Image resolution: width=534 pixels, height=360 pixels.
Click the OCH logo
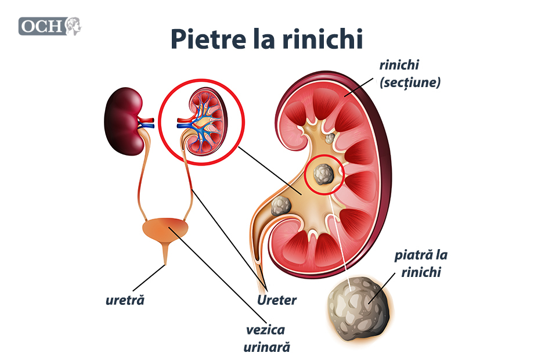tap(50, 26)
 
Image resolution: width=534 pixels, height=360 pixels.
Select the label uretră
tap(125, 301)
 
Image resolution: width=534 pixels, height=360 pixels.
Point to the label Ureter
tap(277, 300)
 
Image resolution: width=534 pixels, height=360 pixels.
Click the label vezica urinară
tap(266, 339)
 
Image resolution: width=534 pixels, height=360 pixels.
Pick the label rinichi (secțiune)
tap(410, 73)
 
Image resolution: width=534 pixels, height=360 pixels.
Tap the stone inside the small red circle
tap(323, 173)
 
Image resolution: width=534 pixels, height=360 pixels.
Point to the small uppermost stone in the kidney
tap(330, 139)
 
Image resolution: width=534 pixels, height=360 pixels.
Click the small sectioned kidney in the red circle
tap(201, 123)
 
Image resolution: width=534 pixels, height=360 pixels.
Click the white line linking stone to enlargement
tap(339, 232)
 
